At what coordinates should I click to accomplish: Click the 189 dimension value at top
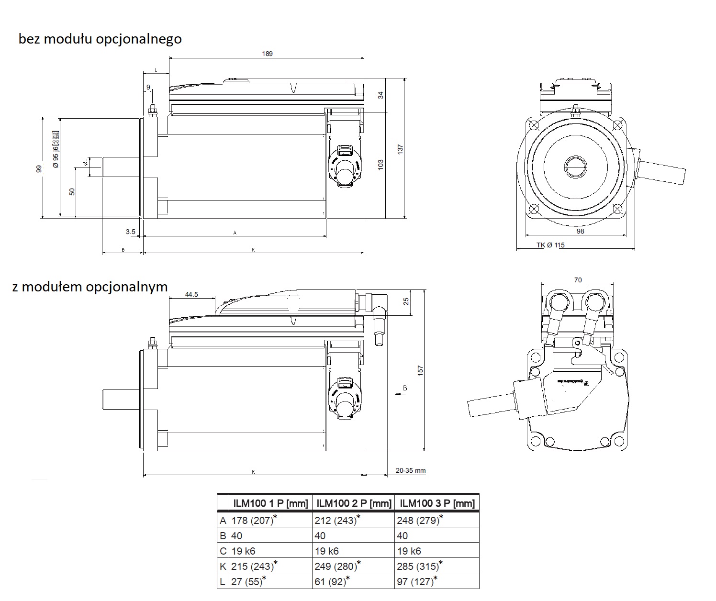(267, 54)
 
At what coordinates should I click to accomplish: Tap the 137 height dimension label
(401, 149)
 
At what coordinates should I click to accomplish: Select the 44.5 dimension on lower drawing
(191, 294)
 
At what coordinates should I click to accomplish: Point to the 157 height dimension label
(421, 370)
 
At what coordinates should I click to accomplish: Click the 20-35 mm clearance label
(410, 470)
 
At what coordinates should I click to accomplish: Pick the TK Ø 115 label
(550, 245)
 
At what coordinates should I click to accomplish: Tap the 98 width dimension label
(580, 231)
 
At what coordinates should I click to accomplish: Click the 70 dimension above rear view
(578, 280)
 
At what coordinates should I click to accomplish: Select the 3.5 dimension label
(130, 232)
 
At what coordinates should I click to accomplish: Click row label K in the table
(223, 566)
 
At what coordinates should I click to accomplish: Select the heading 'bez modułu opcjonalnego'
(100, 39)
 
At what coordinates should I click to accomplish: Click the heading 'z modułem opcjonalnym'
(90, 287)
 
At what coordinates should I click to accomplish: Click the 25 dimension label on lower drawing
(406, 301)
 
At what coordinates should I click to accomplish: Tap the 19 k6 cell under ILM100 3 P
(409, 551)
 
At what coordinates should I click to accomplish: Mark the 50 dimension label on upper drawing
(72, 191)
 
